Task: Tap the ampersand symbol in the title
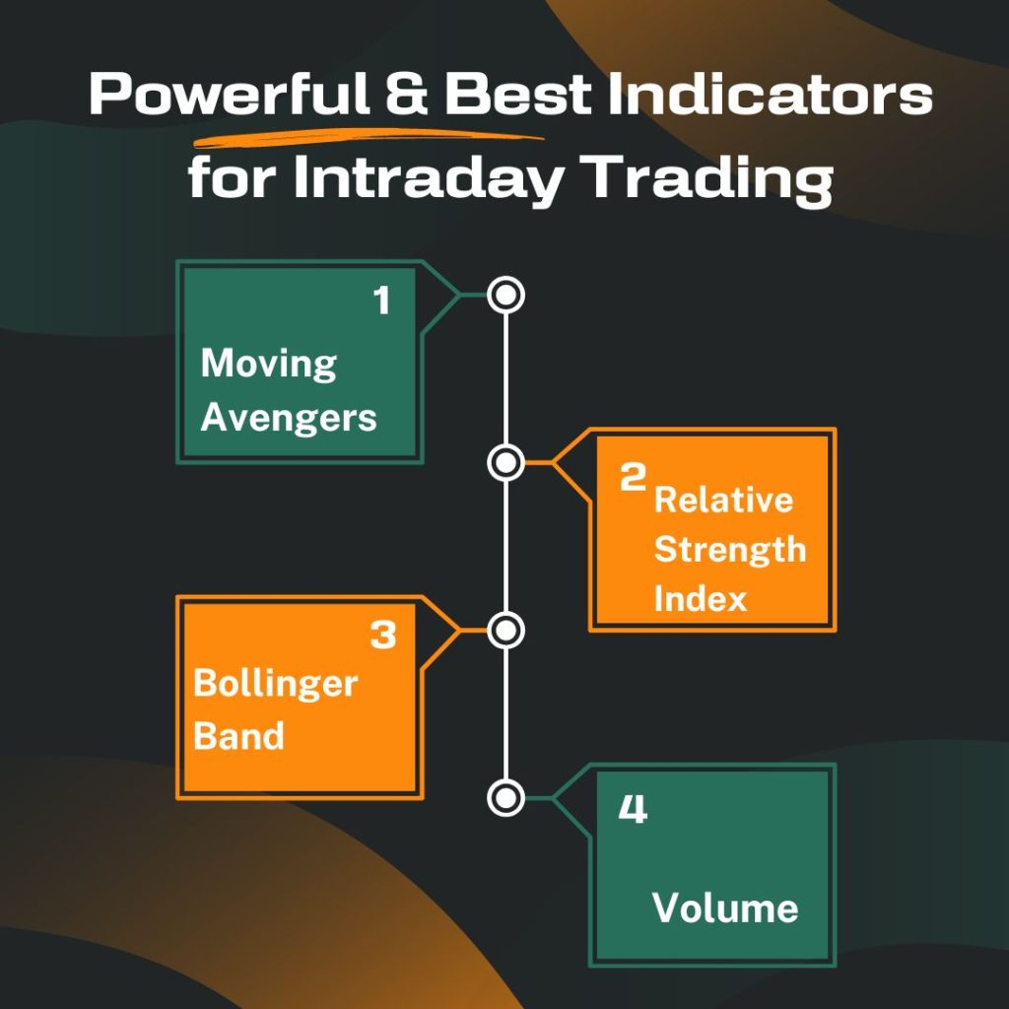point(405,97)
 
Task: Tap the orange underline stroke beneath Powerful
point(370,137)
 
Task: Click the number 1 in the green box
point(382,302)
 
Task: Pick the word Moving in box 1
point(268,365)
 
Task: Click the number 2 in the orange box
point(632,478)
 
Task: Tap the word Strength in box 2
point(729,549)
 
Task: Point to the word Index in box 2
point(701,598)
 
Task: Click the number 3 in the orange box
point(382,637)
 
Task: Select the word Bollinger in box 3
point(275,685)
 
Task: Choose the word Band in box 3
point(238,736)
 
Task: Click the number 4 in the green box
point(632,810)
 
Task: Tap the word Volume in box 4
point(725,908)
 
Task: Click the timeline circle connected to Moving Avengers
point(505,294)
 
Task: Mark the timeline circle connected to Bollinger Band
point(505,630)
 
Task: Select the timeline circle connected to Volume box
point(505,797)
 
